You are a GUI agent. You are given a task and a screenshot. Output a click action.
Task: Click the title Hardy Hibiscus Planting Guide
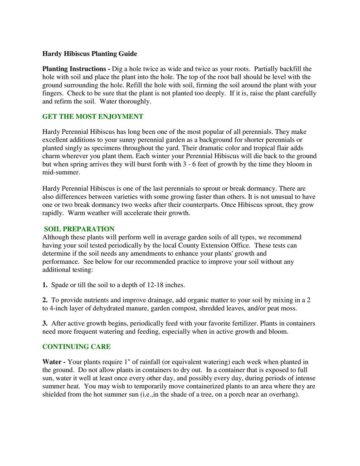tap(89, 53)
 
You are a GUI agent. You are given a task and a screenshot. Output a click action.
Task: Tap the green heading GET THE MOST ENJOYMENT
tap(92, 116)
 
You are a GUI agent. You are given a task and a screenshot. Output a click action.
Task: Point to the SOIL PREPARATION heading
tap(79, 229)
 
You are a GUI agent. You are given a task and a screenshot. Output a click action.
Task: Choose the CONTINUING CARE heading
tap(76, 346)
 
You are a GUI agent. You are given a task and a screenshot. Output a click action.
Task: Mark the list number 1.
tap(45, 285)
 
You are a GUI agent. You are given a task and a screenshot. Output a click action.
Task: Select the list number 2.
tap(45, 300)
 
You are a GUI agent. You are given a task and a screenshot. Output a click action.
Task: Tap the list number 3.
tap(45, 323)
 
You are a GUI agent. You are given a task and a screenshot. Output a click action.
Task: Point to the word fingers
tap(53, 93)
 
